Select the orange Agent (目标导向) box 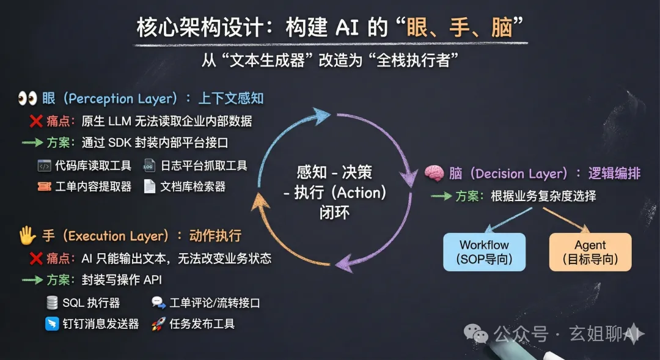click(590, 251)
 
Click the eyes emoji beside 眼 click(28, 98)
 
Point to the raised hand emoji click(26, 236)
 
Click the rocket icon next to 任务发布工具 click(158, 323)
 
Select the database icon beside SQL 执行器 click(52, 303)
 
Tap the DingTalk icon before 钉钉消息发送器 click(52, 323)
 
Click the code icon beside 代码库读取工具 click(44, 166)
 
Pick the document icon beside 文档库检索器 click(150, 186)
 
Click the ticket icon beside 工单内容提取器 click(44, 186)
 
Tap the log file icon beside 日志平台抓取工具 click(150, 166)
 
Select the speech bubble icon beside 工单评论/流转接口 click(158, 303)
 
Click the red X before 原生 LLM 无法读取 click(35, 121)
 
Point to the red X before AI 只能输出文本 click(35, 259)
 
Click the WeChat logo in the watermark click(477, 333)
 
